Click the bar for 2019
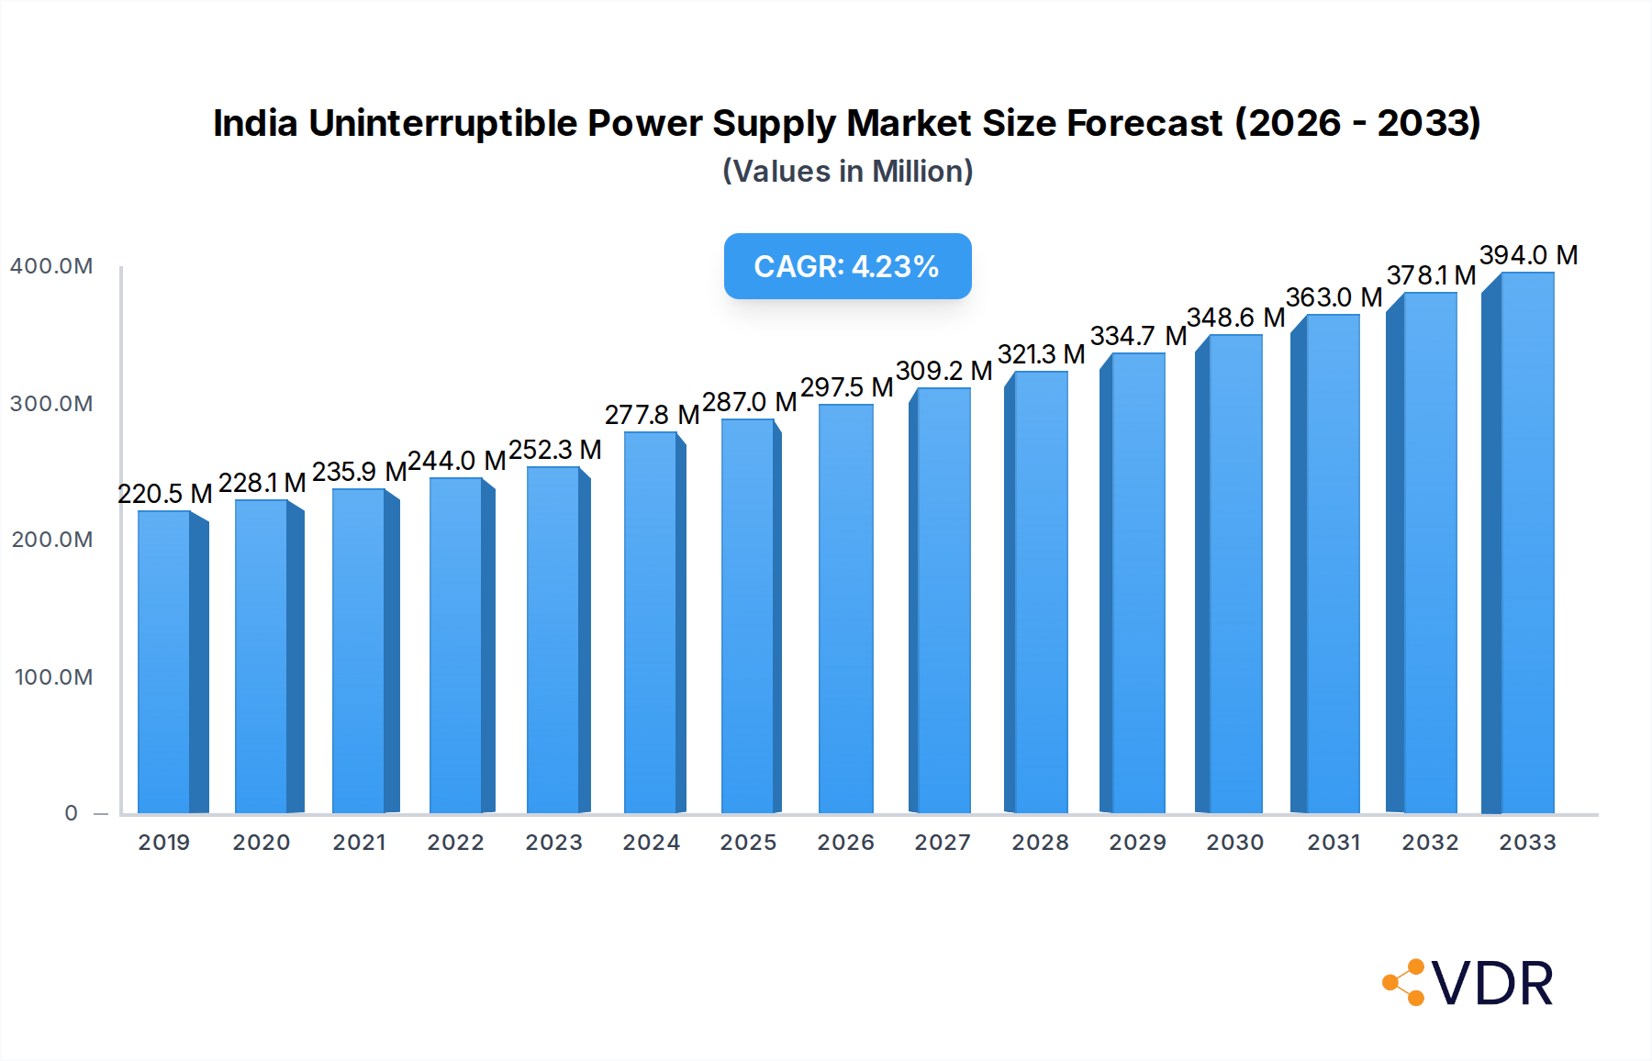click(x=165, y=661)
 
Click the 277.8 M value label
click(x=652, y=415)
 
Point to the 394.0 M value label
click(x=1528, y=255)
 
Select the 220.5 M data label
click(x=165, y=494)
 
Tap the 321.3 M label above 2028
click(x=1041, y=354)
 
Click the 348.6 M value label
click(x=1235, y=318)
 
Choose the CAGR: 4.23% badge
click(x=847, y=266)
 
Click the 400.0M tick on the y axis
click(x=51, y=266)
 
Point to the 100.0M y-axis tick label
click(x=53, y=677)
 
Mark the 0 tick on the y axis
click(x=72, y=813)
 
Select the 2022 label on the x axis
click(x=455, y=843)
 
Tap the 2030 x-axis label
click(x=1234, y=843)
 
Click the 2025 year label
click(x=748, y=843)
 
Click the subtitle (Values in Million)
click(x=847, y=172)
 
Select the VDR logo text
click(x=1492, y=984)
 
